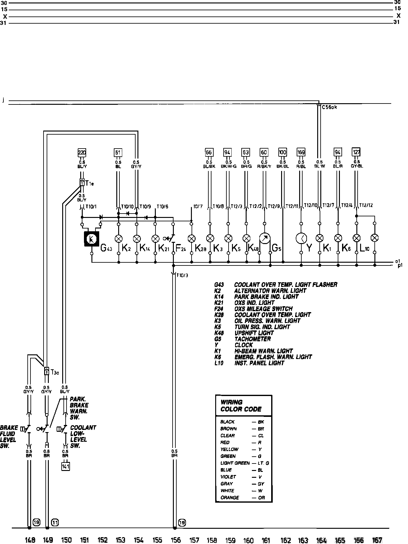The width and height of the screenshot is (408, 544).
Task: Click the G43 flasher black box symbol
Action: pyautogui.click(x=91, y=239)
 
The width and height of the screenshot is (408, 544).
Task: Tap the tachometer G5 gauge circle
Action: pyautogui.click(x=265, y=239)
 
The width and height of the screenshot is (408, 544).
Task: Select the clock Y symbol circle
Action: pyautogui.click(x=301, y=239)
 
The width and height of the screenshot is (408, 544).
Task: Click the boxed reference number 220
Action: pyautogui.click(x=82, y=153)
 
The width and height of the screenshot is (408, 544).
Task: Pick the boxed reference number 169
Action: pyautogui.click(x=301, y=152)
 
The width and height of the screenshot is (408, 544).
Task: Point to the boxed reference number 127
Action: pyautogui.click(x=356, y=152)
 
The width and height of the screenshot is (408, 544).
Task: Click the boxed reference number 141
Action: pyautogui.click(x=66, y=466)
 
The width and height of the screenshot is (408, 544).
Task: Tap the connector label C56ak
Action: pyautogui.click(x=329, y=107)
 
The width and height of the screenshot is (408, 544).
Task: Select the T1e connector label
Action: pyautogui.click(x=90, y=183)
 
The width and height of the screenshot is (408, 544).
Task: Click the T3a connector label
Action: pyautogui.click(x=54, y=371)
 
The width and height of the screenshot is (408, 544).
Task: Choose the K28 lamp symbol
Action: pyautogui.click(x=192, y=239)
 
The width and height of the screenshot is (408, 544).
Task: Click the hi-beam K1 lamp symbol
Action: pyautogui.click(x=319, y=238)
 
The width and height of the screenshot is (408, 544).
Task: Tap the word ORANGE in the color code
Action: pyautogui.click(x=229, y=498)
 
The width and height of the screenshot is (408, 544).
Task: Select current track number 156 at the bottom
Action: pyautogui.click(x=175, y=540)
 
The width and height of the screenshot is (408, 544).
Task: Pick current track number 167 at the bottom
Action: pyautogui.click(x=377, y=540)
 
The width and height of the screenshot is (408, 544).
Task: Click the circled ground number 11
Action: pyautogui.click(x=55, y=522)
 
